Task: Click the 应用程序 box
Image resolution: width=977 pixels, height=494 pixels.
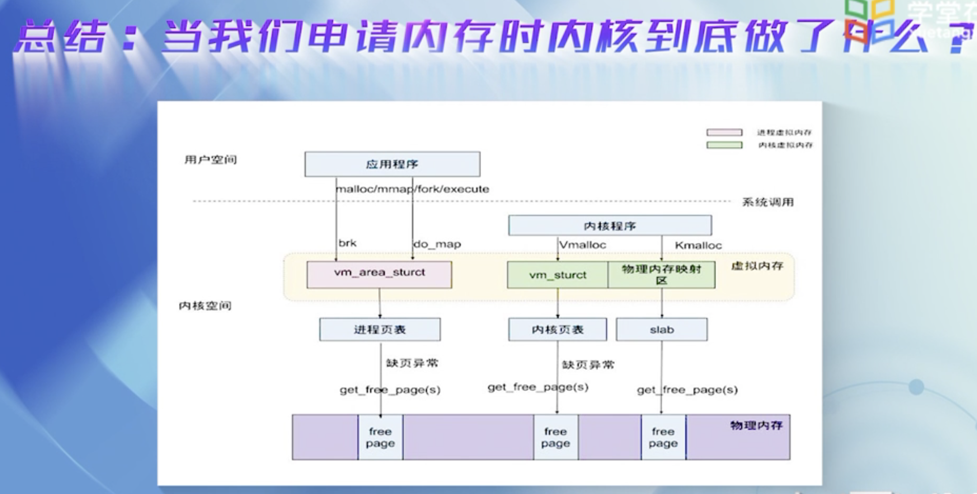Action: pos(392,164)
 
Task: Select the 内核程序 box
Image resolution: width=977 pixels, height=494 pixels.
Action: pos(610,225)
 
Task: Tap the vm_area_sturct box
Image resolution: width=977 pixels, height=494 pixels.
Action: pos(379,274)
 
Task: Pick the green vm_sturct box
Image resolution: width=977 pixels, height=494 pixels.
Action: pos(558,275)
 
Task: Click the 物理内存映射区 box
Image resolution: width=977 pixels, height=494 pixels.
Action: pos(662,275)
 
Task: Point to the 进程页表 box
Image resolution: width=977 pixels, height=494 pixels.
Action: pos(380,330)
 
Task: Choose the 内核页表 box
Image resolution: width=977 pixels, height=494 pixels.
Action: pos(558,330)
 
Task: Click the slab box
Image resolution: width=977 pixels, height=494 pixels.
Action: pos(662,330)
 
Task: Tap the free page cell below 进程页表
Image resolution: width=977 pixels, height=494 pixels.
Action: pos(380,437)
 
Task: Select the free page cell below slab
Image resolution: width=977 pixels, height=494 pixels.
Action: pos(663,437)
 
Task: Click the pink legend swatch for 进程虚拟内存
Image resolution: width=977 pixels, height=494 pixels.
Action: pos(724,132)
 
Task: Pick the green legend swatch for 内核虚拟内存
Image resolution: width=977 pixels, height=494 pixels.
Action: pos(724,145)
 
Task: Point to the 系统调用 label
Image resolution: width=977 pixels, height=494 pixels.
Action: pos(768,202)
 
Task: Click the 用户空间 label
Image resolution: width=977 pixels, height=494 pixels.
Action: pos(211,159)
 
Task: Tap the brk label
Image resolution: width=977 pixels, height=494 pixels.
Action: pos(348,243)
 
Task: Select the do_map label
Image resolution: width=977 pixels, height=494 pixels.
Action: pos(437,244)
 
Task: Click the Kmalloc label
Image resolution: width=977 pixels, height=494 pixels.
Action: pos(698,245)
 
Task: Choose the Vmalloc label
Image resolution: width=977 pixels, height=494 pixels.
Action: pos(582,245)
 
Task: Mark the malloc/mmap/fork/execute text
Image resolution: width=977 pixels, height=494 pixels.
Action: pos(413,189)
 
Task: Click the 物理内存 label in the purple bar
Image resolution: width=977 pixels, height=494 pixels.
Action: pos(756,425)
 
